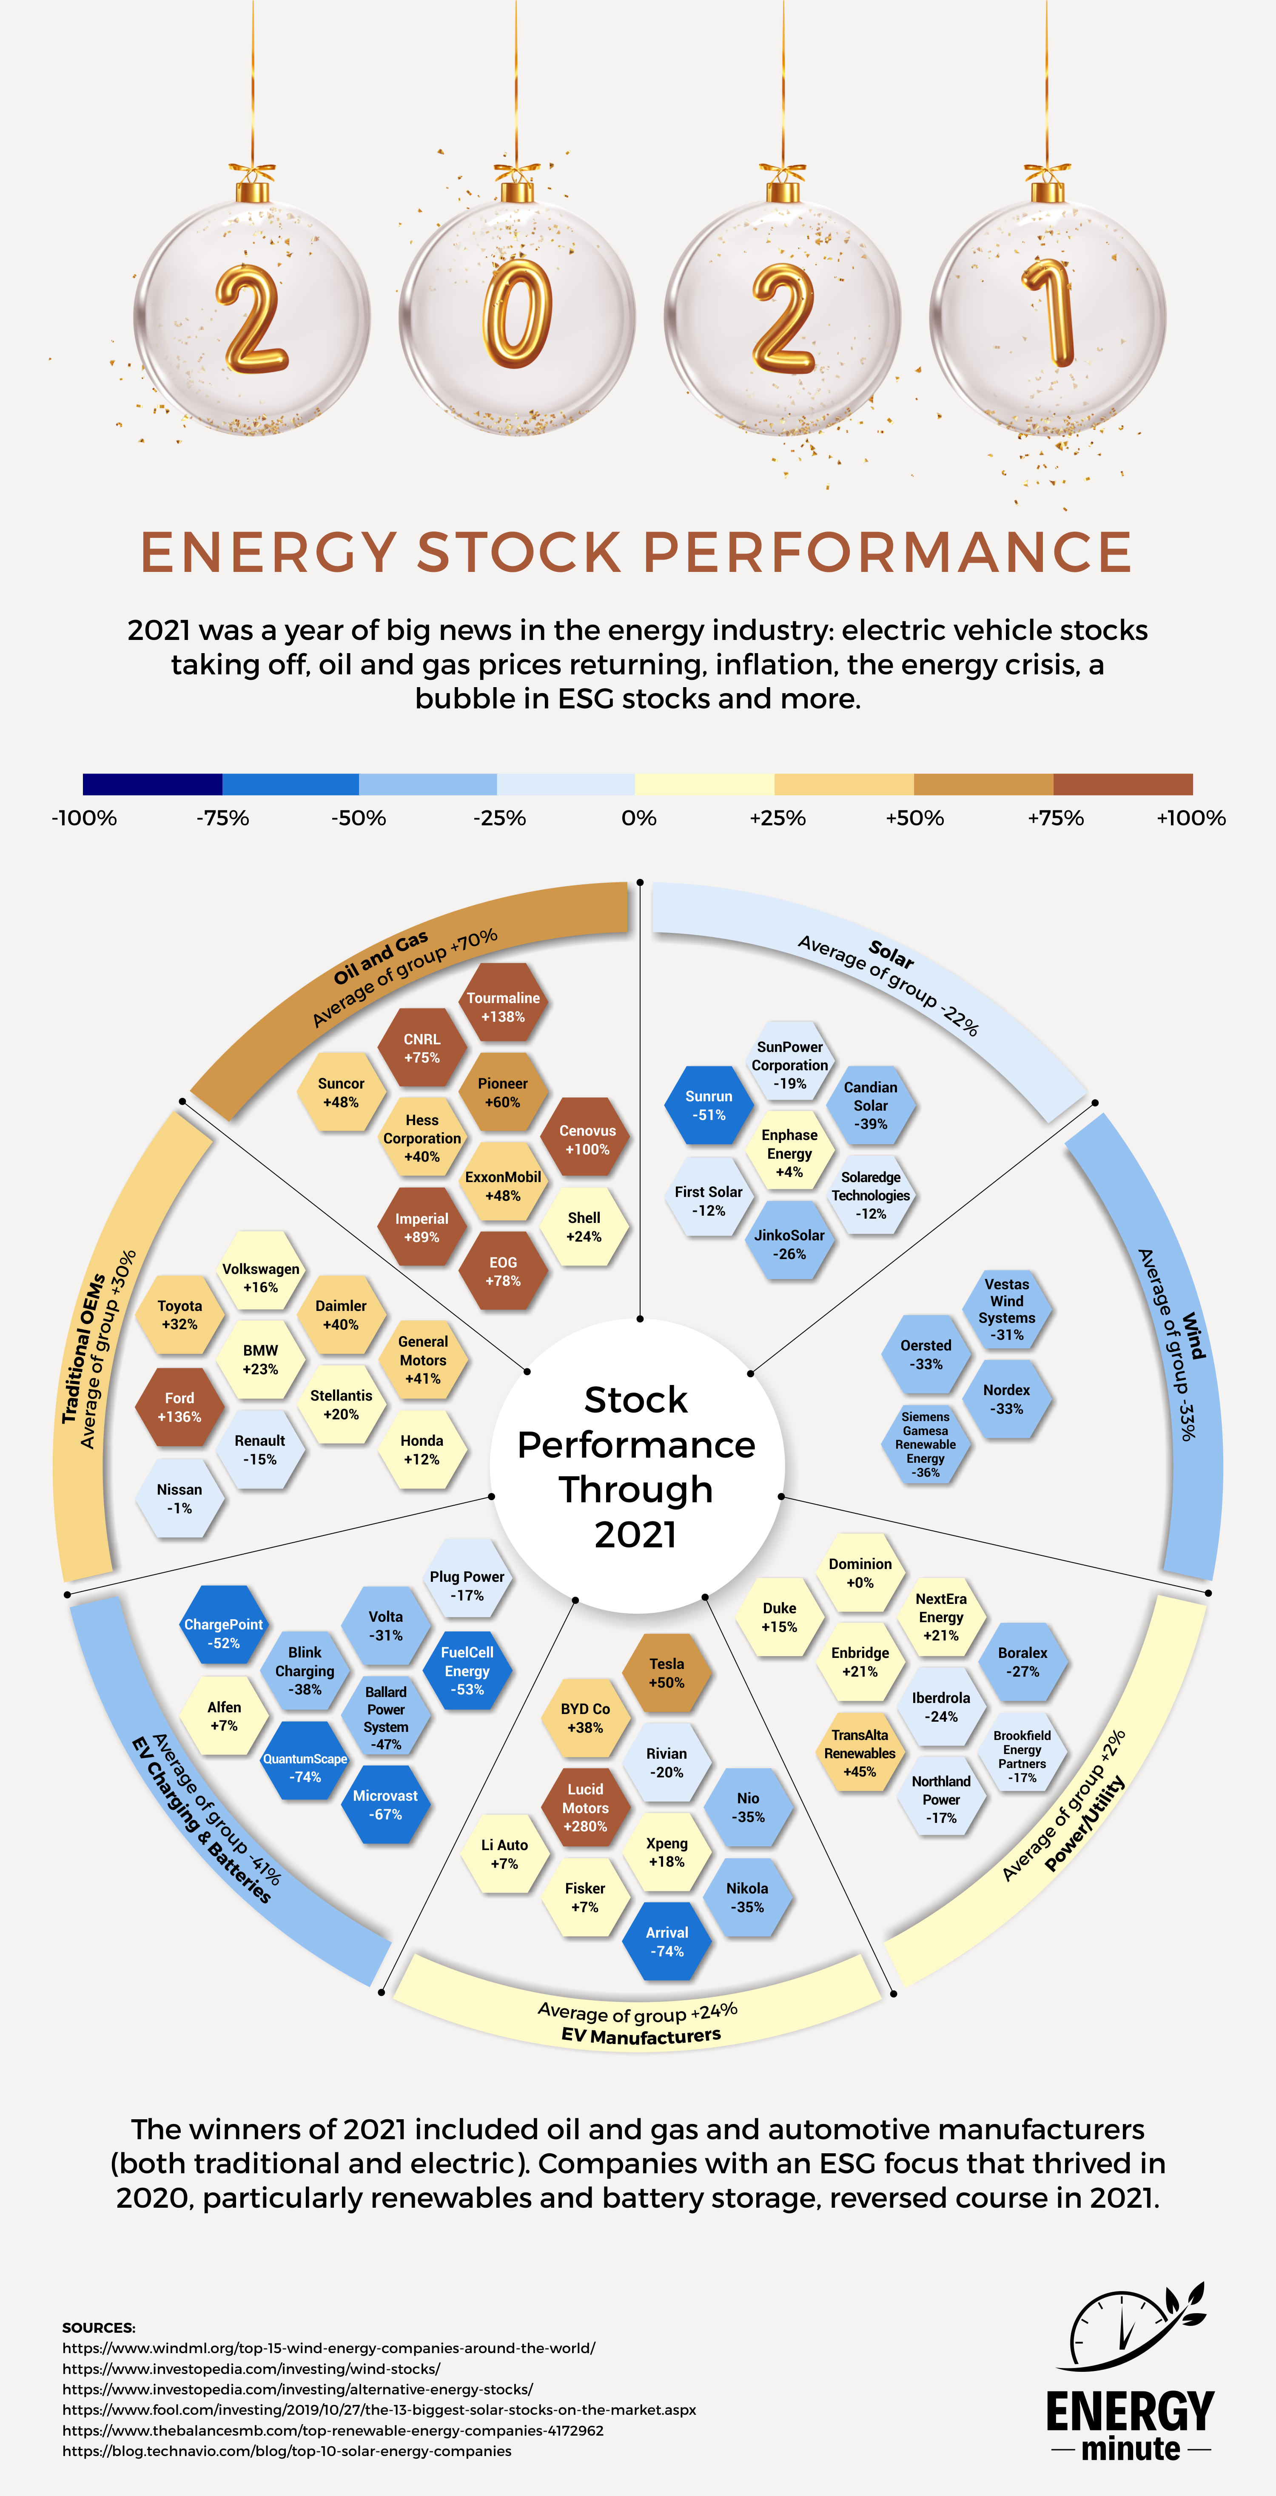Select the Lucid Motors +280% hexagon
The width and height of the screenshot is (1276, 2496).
[585, 1807]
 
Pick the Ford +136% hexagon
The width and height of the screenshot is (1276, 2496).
[179, 1407]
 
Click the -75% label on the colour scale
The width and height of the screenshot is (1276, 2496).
[223, 818]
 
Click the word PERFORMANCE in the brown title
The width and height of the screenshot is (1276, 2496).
[888, 552]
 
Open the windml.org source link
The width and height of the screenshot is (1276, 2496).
[329, 2348]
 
